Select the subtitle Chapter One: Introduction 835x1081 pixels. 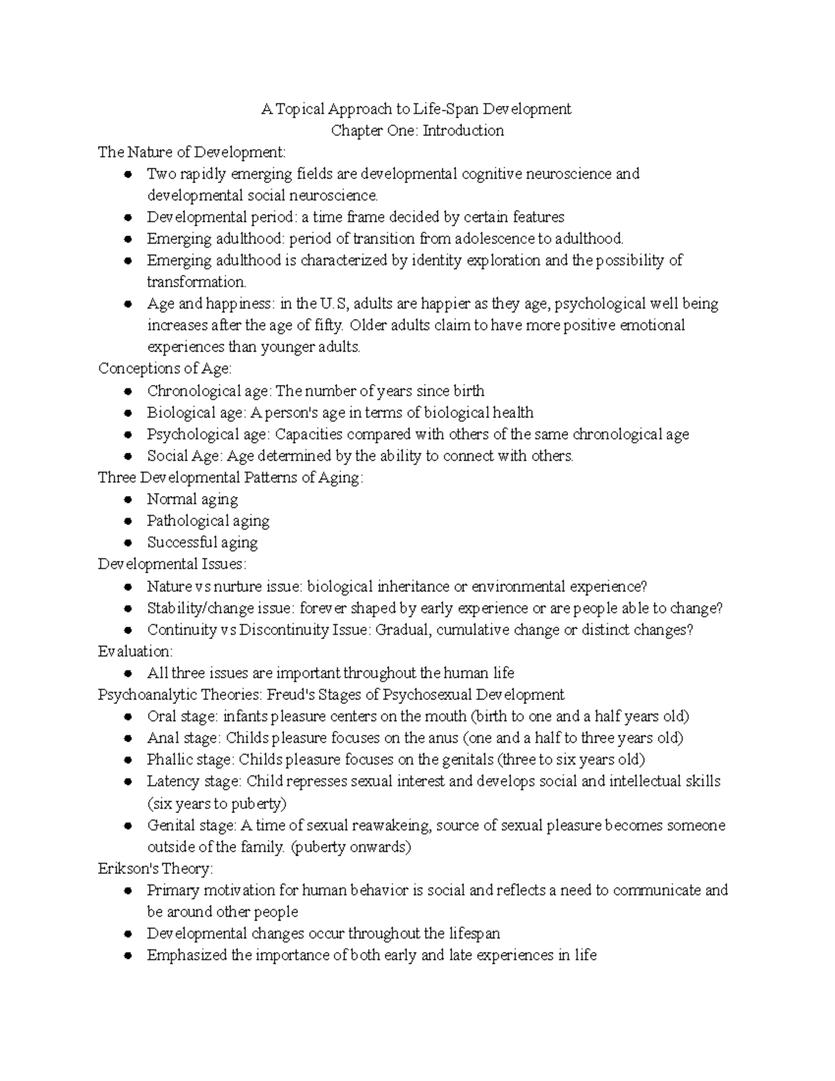pyautogui.click(x=417, y=130)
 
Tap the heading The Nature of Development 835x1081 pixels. pyautogui.click(x=191, y=152)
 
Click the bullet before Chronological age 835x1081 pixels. pyautogui.click(x=127, y=391)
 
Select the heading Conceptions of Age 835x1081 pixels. pyautogui.click(x=165, y=368)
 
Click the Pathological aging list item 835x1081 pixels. pyautogui.click(x=207, y=521)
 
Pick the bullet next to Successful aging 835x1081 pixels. pyautogui.click(x=127, y=543)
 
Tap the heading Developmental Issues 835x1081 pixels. pyautogui.click(x=172, y=564)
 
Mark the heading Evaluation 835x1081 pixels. pyautogui.click(x=135, y=651)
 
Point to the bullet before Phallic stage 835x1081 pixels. pyautogui.click(x=127, y=760)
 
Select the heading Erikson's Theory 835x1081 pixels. pyautogui.click(x=155, y=869)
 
